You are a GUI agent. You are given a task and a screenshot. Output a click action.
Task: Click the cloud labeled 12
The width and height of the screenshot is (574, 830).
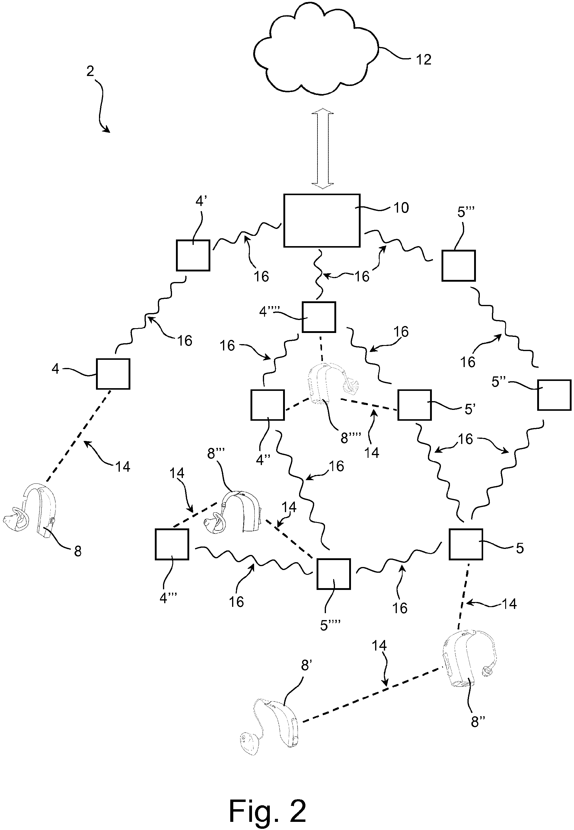[317, 54]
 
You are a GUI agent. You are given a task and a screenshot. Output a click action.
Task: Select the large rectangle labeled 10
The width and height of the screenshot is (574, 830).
[322, 220]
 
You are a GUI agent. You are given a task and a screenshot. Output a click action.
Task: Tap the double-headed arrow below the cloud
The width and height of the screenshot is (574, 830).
[323, 148]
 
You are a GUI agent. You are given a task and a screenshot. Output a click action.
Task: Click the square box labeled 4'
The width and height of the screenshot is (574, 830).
[193, 255]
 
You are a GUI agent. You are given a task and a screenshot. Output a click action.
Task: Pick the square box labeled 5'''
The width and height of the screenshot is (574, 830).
[458, 266]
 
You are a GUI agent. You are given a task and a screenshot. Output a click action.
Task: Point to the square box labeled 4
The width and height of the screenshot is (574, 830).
[113, 374]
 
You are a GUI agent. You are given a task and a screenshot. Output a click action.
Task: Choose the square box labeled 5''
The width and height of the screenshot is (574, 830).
[554, 395]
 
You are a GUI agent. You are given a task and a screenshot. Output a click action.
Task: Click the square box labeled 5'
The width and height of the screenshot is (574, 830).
[414, 405]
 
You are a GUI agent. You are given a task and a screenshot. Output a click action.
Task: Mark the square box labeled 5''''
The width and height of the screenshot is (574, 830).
[333, 574]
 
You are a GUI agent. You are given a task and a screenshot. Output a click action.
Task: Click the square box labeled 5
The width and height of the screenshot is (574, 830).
[466, 544]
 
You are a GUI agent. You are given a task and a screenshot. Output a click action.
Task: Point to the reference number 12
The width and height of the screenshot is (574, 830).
[423, 60]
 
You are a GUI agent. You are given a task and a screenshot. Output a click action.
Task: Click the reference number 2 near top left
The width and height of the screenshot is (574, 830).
[90, 71]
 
